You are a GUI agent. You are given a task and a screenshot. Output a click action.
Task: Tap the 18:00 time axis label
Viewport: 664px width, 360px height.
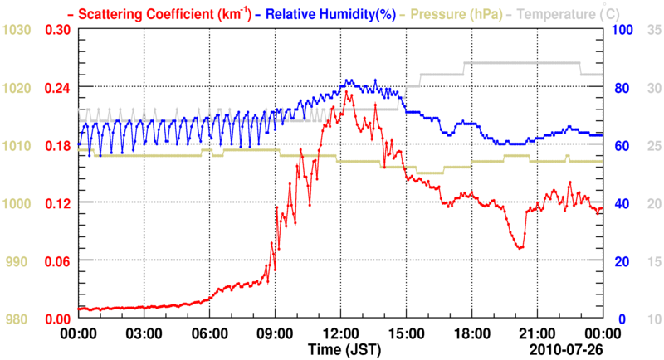[x=471, y=333]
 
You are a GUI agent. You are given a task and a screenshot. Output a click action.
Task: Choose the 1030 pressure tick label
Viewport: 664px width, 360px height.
[x=17, y=30]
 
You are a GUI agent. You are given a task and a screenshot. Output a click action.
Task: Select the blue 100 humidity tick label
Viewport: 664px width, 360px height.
[x=622, y=30]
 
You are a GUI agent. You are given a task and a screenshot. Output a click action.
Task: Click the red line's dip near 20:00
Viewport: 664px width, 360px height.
[x=520, y=248]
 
